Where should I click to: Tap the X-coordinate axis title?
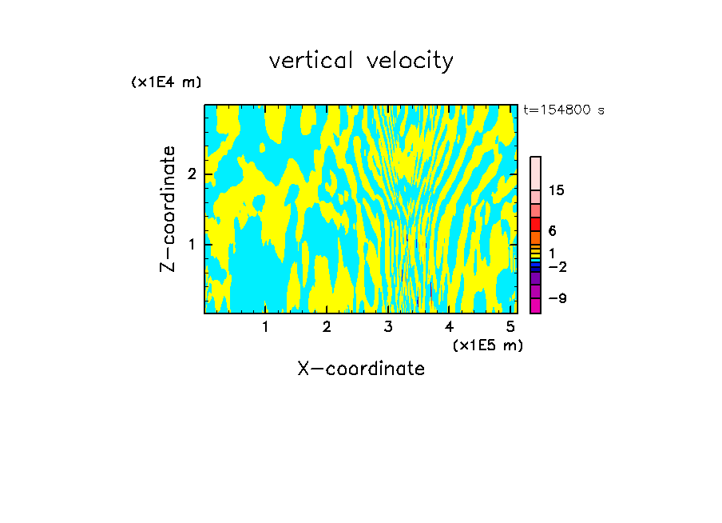click(x=361, y=369)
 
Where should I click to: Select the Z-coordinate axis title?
click(x=168, y=209)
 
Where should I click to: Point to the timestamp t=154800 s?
click(x=563, y=110)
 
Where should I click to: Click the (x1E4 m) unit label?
click(x=166, y=82)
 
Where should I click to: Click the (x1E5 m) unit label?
click(x=487, y=345)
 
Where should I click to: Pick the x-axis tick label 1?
click(x=265, y=327)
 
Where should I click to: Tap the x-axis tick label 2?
click(x=327, y=327)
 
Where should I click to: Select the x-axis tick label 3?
click(x=388, y=327)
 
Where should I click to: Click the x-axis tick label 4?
click(x=450, y=327)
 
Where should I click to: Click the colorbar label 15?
click(x=557, y=190)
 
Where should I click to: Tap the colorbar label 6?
click(x=552, y=230)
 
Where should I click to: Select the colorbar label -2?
click(x=557, y=266)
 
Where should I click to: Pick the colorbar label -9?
click(x=557, y=298)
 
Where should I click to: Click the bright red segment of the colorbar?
click(x=536, y=224)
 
